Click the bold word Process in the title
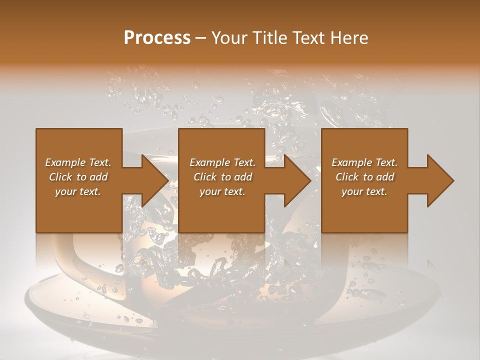coord(157,38)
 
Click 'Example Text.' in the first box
coord(78,162)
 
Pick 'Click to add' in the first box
coord(78,177)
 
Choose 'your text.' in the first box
coord(78,191)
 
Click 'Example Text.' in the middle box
coord(222,162)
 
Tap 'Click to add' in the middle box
coord(222,177)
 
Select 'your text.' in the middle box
coord(222,191)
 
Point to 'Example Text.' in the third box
coord(364,162)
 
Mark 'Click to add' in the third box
coord(364,177)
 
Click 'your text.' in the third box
coord(364,191)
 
